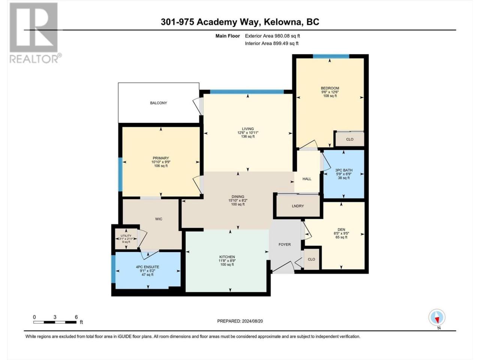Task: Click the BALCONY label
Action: tap(158, 103)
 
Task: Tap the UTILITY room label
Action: tap(126, 235)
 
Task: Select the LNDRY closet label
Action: tap(298, 206)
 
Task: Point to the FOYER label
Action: tap(285, 244)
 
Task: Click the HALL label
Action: tap(307, 179)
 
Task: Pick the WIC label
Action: tap(159, 219)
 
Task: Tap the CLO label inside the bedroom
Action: tap(349, 139)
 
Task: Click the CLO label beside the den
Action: tap(311, 259)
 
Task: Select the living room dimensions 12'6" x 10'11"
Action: tap(248, 133)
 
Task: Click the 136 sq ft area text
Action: tap(248, 136)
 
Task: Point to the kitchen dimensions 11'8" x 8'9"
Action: tap(227, 261)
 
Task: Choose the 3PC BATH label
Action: tap(344, 170)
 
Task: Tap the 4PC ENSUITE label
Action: tap(147, 267)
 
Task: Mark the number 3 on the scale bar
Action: tap(55, 317)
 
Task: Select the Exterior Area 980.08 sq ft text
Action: tap(273, 36)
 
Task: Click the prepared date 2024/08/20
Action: tap(252, 321)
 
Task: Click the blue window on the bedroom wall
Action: tap(331, 56)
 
